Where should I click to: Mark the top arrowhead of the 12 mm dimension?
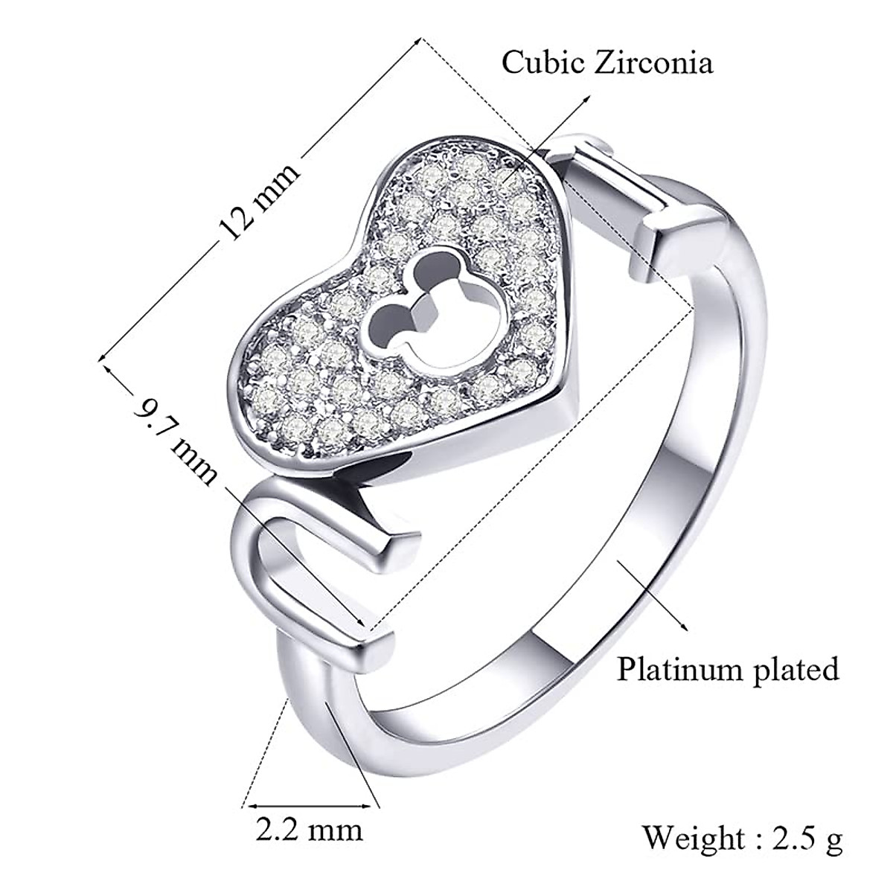pyautogui.click(x=420, y=42)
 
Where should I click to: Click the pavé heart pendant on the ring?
pyautogui.click(x=417, y=305)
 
